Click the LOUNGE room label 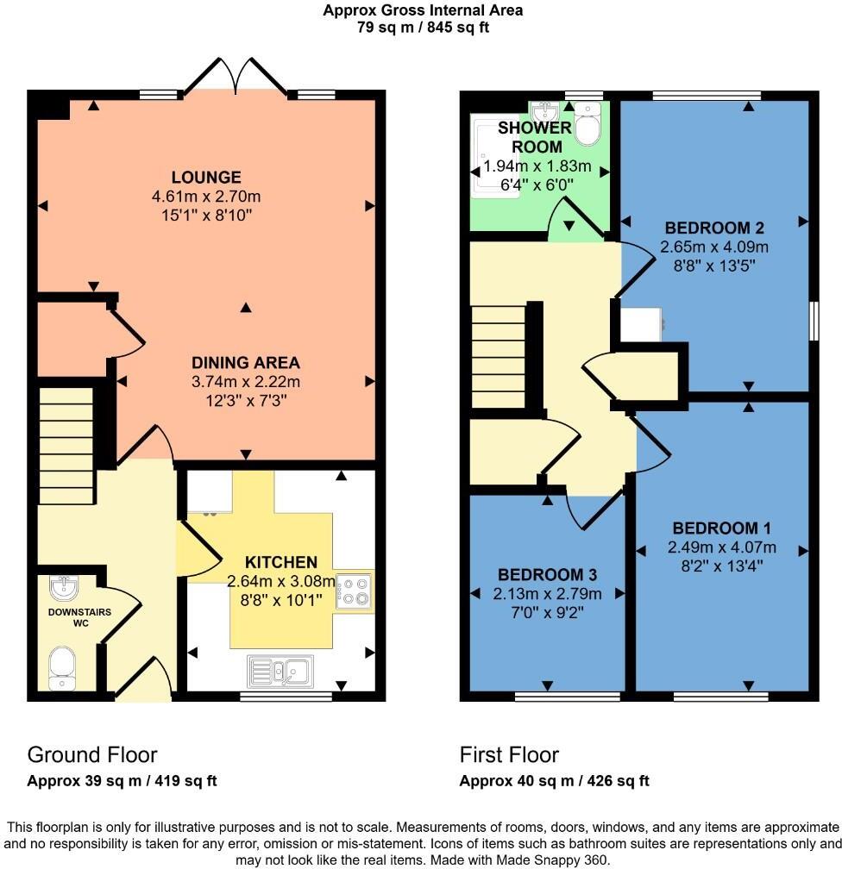tap(205, 178)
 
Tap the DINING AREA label tap(246, 363)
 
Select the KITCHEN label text tap(280, 562)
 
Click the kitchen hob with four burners tap(355, 591)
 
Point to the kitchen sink tap(282, 669)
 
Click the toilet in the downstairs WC tap(61, 668)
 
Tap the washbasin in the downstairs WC tap(63, 588)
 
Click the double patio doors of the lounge tap(234, 76)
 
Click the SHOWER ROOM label tap(535, 138)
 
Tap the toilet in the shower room tap(588, 125)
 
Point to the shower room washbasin tap(545, 113)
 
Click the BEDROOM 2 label tap(714, 228)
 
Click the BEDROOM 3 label tap(548, 575)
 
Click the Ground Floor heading tap(92, 755)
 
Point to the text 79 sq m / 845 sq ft tap(423, 27)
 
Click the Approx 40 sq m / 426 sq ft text tap(554, 781)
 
